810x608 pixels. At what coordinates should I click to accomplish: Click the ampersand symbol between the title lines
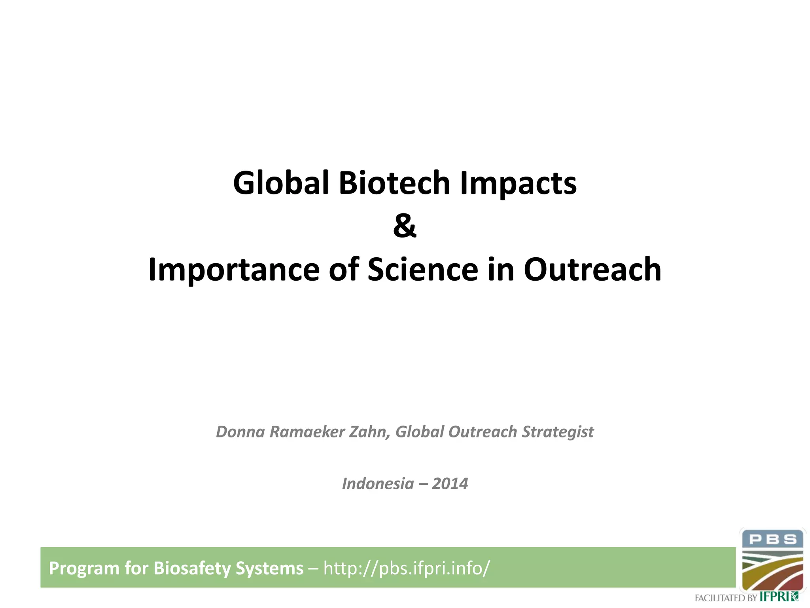pos(405,226)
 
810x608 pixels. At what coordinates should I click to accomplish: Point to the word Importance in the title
pos(234,270)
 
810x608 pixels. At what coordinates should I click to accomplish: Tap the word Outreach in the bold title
pos(592,270)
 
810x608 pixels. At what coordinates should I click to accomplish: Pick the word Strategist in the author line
pos(558,432)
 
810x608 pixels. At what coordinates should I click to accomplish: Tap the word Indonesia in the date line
pos(378,484)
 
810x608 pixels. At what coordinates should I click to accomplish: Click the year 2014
pos(450,484)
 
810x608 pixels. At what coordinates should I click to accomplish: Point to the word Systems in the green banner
pos(269,568)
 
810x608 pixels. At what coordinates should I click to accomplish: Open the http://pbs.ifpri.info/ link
pos(407,568)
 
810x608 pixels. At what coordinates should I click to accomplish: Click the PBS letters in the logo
pos(772,539)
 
